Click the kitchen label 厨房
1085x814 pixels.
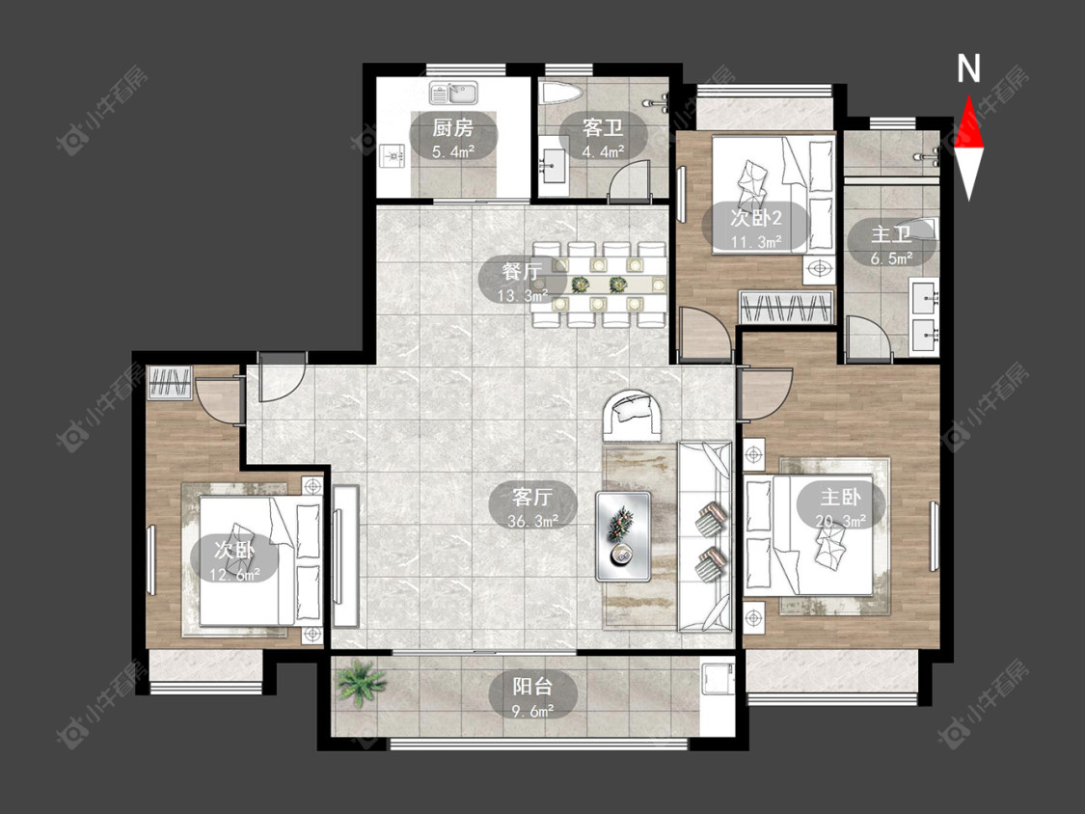click(453, 127)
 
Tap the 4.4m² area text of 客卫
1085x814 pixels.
click(604, 150)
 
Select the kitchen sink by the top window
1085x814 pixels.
click(453, 92)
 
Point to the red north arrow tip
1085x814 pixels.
click(968, 96)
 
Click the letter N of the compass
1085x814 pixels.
click(968, 68)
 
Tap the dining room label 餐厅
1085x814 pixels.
click(523, 271)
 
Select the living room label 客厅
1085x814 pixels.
click(532, 497)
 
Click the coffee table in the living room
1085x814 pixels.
click(623, 536)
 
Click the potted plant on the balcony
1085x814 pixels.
click(360, 682)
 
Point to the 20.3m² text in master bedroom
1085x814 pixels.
click(841, 520)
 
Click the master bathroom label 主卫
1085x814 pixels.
click(891, 234)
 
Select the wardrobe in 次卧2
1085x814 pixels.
click(786, 307)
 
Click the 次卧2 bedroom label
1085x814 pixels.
click(755, 218)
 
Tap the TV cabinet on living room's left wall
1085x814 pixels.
click(345, 556)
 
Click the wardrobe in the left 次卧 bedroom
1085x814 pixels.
click(170, 383)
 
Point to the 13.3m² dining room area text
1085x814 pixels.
click(523, 295)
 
